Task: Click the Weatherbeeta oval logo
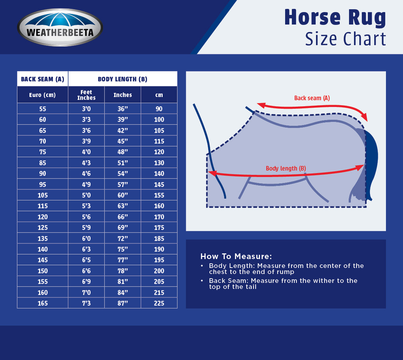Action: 60,27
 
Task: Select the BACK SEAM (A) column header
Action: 43,79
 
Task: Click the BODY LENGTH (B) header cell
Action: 122,79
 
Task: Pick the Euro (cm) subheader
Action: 43,95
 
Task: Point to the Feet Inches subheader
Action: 86,95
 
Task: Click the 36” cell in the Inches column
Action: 122,109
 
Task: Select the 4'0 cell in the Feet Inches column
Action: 86,152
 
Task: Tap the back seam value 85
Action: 43,163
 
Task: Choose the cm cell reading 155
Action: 159,195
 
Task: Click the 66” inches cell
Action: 122,217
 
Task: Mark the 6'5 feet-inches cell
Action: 86,260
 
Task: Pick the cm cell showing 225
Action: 159,303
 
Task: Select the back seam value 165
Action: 43,303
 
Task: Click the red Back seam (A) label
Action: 312,98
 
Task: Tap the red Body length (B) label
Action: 286,168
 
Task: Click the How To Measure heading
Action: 236,256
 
